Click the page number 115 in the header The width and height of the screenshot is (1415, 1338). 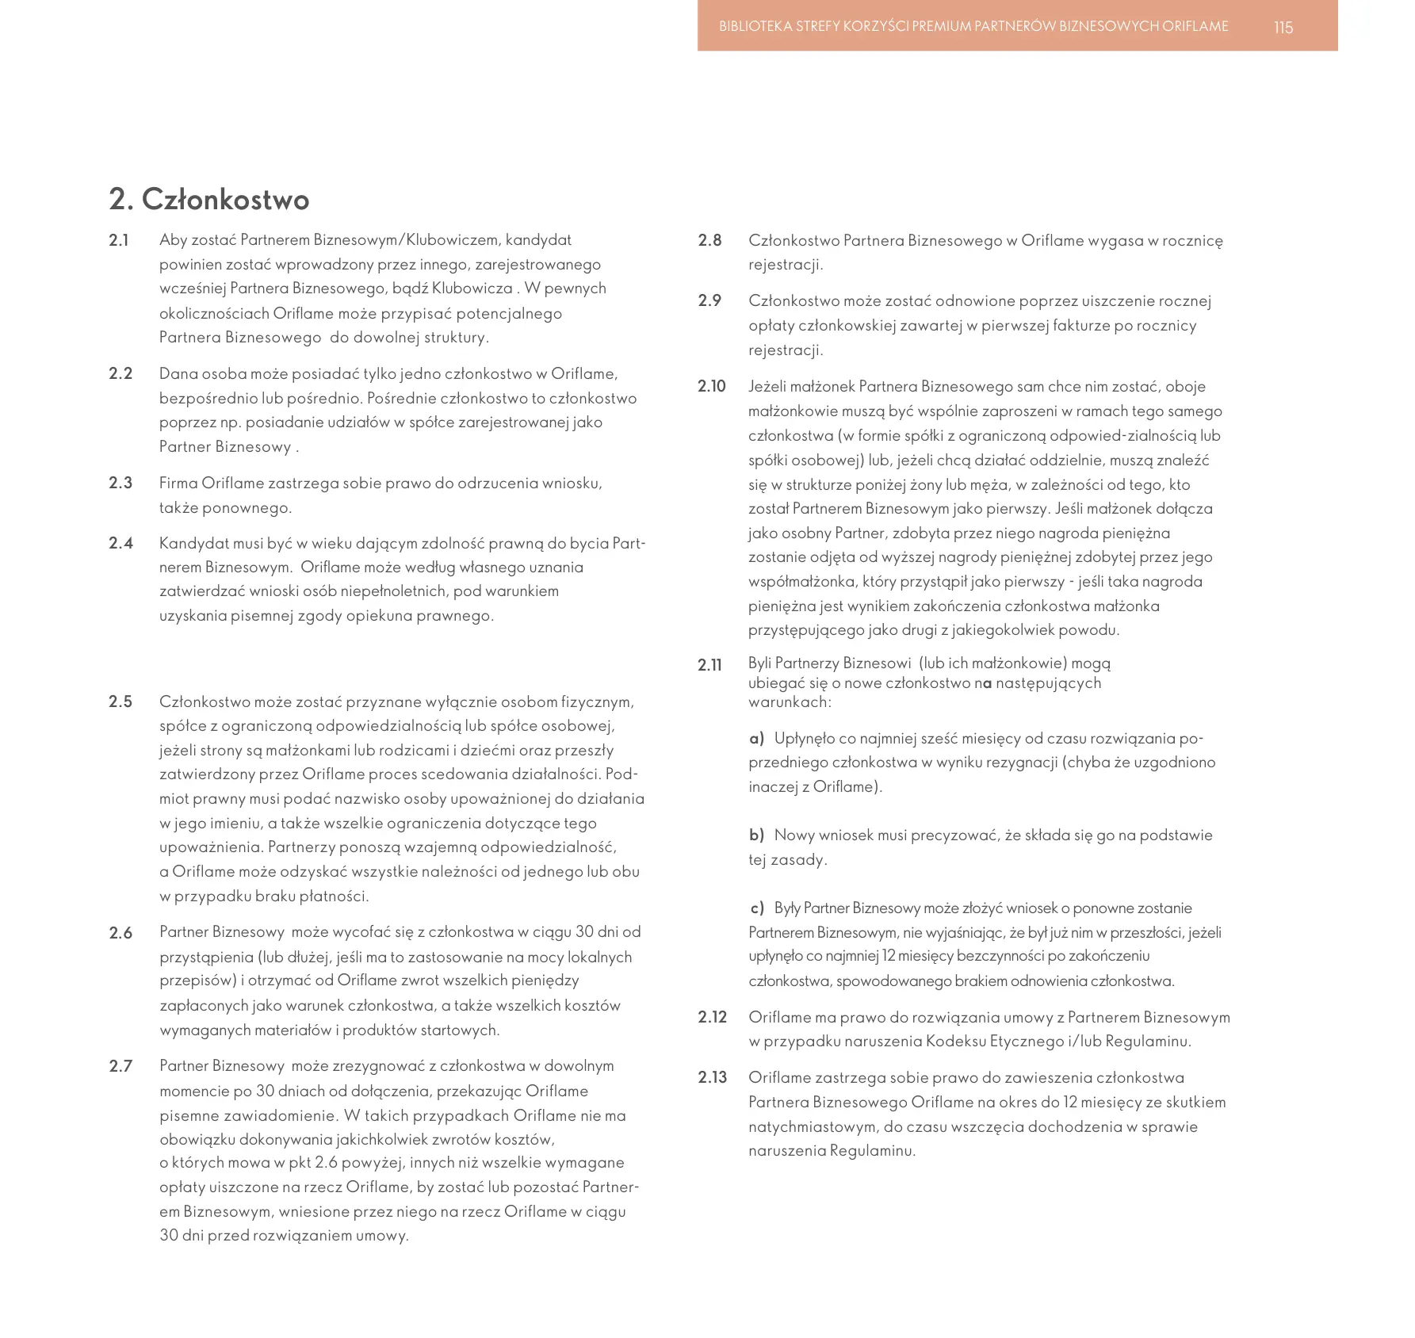[1283, 28]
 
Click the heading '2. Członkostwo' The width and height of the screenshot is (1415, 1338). [209, 199]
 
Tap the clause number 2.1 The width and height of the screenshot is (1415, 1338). [119, 240]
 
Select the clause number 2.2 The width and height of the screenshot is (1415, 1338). [120, 373]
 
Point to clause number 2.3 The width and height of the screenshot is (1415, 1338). [120, 483]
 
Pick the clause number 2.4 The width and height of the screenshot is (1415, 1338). [120, 543]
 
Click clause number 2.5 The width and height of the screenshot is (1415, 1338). [120, 701]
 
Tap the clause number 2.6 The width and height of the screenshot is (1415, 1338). [120, 933]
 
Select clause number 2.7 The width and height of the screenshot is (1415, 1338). [120, 1066]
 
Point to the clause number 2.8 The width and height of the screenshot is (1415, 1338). [709, 240]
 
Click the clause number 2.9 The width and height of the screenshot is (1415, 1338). [709, 300]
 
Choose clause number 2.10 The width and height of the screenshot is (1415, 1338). [712, 386]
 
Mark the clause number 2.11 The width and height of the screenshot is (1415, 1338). [710, 665]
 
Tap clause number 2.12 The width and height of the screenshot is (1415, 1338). [712, 1017]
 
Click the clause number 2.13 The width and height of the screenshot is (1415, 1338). [712, 1077]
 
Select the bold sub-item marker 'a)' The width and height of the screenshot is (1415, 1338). [756, 739]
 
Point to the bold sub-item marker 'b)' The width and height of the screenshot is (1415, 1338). [756, 835]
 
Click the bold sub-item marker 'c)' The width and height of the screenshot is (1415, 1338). [757, 908]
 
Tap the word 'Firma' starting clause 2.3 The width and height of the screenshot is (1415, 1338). [178, 483]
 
